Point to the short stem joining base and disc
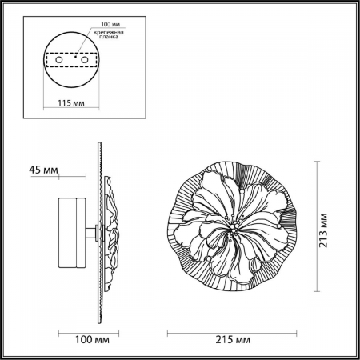pos(94,234)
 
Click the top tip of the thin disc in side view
pos(100,146)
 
